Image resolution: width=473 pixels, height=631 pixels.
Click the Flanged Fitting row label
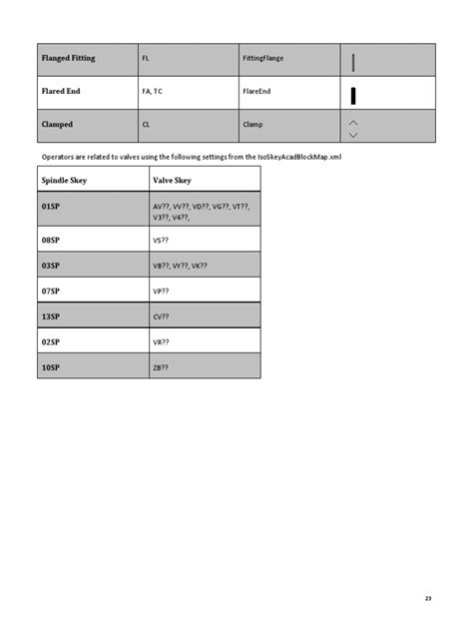[x=69, y=59]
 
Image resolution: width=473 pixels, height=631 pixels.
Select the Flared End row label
[x=60, y=91]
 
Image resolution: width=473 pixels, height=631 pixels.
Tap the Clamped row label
[x=57, y=125]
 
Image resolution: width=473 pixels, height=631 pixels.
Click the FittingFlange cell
[x=263, y=59]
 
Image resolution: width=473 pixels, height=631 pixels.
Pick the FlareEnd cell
[x=256, y=91]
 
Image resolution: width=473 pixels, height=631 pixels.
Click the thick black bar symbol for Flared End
[x=353, y=96]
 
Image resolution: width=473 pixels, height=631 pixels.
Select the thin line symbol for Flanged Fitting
[x=353, y=62]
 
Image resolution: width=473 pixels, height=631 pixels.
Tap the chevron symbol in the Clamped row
[x=353, y=128]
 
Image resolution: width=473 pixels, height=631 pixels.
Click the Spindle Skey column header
[x=65, y=180]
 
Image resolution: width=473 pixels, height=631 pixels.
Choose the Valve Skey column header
[x=171, y=180]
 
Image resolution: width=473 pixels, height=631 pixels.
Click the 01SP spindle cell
[x=51, y=206]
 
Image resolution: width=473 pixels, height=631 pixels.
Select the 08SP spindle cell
[x=51, y=241]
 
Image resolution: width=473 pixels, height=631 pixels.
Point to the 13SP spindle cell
[x=51, y=315]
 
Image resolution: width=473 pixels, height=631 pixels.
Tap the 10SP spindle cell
[x=51, y=366]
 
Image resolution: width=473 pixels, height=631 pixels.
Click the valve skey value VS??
[x=161, y=241]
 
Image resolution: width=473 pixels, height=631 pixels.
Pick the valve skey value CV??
[x=161, y=315]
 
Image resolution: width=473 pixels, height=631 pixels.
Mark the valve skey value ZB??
[x=161, y=366]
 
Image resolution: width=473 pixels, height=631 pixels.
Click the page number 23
[x=428, y=598]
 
